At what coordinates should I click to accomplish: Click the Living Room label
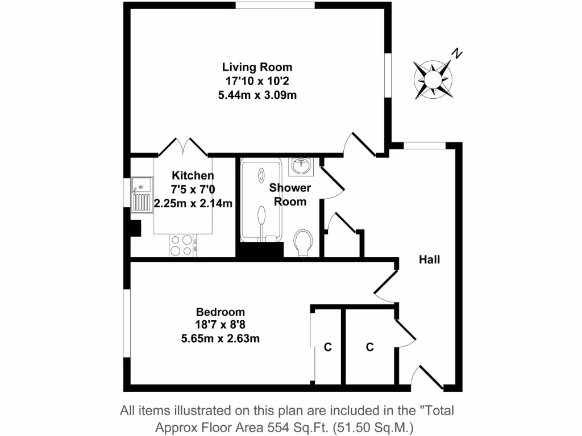coord(257,67)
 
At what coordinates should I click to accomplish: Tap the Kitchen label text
coord(193,176)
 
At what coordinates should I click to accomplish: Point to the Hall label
coord(429,260)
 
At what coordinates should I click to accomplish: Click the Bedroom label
coord(221,312)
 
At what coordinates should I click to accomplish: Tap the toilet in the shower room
coord(304,242)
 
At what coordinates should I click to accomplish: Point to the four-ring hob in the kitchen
coord(182,245)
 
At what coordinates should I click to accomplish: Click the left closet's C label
coord(327,347)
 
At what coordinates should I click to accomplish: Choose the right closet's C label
coord(369,347)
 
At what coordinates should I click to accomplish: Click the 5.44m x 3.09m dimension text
coord(257,95)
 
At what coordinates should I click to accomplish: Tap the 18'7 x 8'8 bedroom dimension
coord(221,325)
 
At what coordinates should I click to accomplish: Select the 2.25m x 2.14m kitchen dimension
coord(193,203)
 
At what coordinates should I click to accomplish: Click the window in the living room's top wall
coord(275,6)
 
